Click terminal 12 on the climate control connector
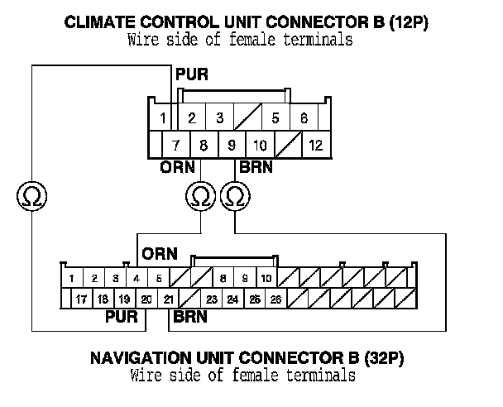pos(315,146)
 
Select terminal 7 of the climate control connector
pos(175,146)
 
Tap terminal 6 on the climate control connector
pos(304,118)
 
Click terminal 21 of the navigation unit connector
pos(168,299)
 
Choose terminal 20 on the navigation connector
pos(146,299)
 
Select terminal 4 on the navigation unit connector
pos(137,278)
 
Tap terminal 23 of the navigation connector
pos(212,299)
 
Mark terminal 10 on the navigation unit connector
pos(266,278)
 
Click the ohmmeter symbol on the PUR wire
pos(31,196)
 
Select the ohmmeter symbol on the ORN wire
pos(199,196)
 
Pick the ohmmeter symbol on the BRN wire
pos(236,196)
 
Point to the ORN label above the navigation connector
pos(159,252)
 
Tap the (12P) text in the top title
pos(411,22)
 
